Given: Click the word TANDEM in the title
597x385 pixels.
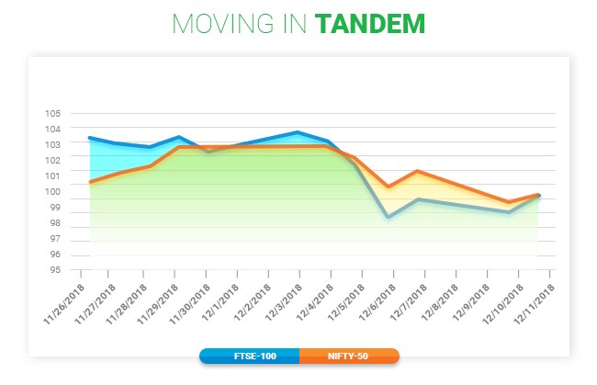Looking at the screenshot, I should [370, 24].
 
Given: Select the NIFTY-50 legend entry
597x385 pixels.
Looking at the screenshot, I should [348, 356].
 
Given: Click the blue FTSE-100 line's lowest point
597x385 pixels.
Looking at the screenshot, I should [389, 217].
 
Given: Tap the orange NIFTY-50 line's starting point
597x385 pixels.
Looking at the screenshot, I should [89, 182].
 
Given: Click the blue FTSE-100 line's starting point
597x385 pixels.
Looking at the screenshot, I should [89, 138].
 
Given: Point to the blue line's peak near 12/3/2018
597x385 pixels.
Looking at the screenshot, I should [298, 132].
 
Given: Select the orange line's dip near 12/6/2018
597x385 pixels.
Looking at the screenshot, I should [389, 187].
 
